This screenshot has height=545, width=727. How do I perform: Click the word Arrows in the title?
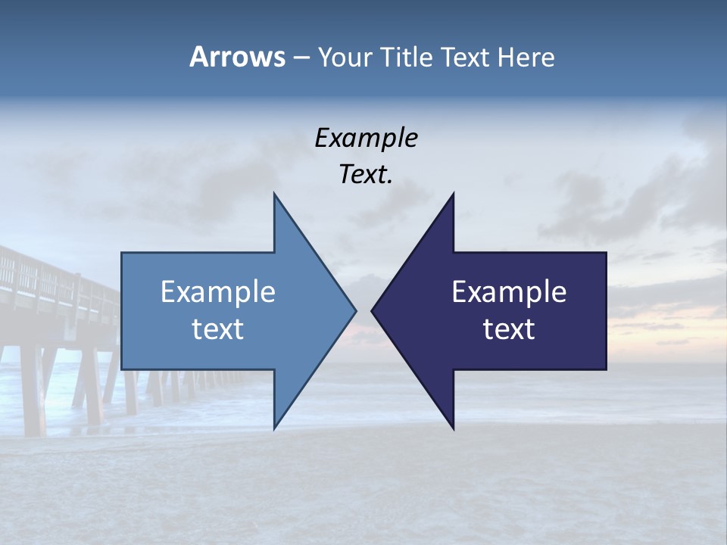pyautogui.click(x=236, y=57)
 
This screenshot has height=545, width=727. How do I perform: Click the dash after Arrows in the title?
pyautogui.click(x=301, y=58)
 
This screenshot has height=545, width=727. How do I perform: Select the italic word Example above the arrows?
pyautogui.click(x=366, y=138)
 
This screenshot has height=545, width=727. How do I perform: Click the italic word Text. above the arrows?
pyautogui.click(x=366, y=174)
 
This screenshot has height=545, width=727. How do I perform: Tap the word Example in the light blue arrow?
pyautogui.click(x=218, y=292)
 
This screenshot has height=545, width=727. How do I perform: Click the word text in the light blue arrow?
pyautogui.click(x=218, y=329)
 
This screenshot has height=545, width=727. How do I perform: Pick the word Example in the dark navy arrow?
pyautogui.click(x=509, y=292)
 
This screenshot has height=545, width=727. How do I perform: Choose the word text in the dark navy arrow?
pyautogui.click(x=509, y=329)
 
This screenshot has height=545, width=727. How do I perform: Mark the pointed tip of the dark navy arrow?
pyautogui.click(x=373, y=310)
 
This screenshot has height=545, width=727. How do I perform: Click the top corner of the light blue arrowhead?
pyautogui.click(x=275, y=195)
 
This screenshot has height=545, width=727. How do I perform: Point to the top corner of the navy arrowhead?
pyautogui.click(x=453, y=195)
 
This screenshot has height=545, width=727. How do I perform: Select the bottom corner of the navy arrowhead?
pyautogui.click(x=453, y=428)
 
